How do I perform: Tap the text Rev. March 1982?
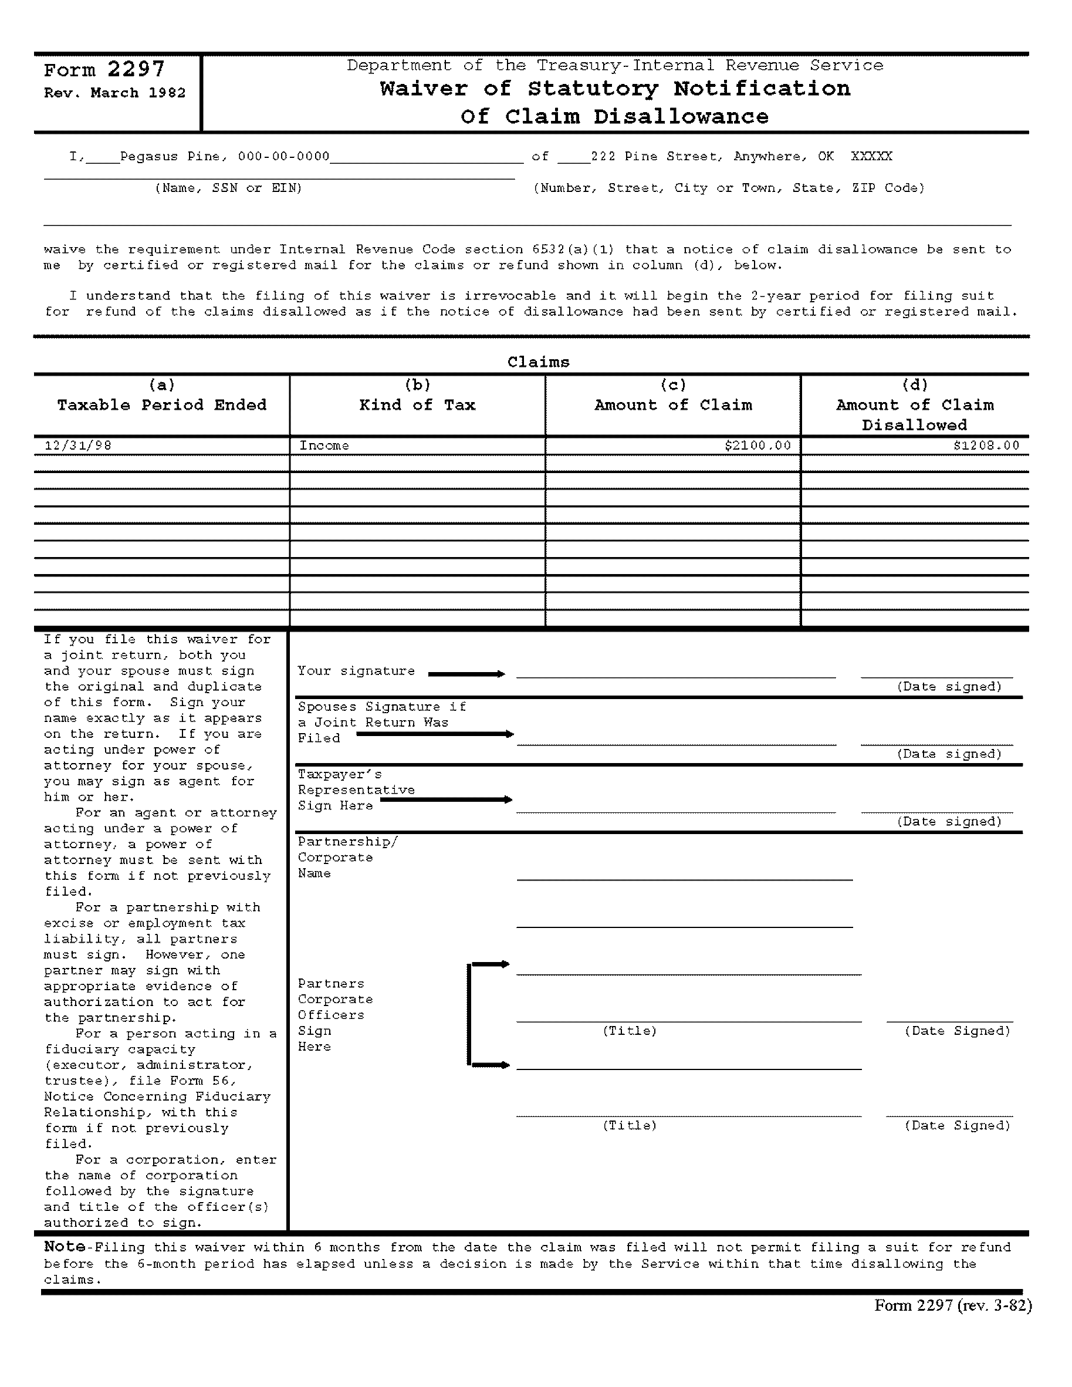(x=114, y=93)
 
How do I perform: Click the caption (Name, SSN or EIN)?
(x=228, y=188)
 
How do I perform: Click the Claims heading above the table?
(x=538, y=362)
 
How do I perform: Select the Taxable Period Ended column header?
(x=162, y=404)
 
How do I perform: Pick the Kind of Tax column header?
(x=417, y=404)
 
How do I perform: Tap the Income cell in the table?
(x=324, y=445)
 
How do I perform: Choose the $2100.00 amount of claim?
(x=758, y=445)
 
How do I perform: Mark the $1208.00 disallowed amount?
(x=986, y=445)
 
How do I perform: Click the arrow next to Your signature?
(x=466, y=674)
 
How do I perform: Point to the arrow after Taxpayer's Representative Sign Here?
(x=445, y=799)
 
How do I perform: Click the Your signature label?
(x=356, y=671)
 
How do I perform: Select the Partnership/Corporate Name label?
(x=347, y=858)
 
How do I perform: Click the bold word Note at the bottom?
(x=64, y=1247)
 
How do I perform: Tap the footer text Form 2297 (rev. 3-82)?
(x=953, y=1305)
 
